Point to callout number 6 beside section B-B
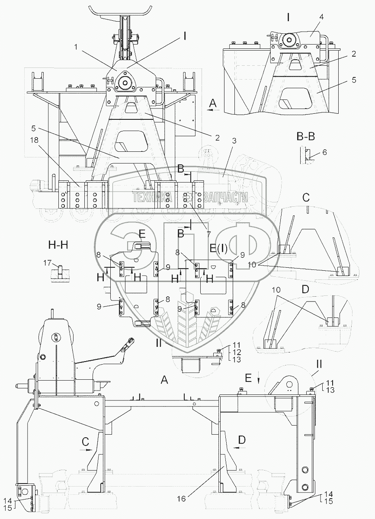(325, 153)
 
